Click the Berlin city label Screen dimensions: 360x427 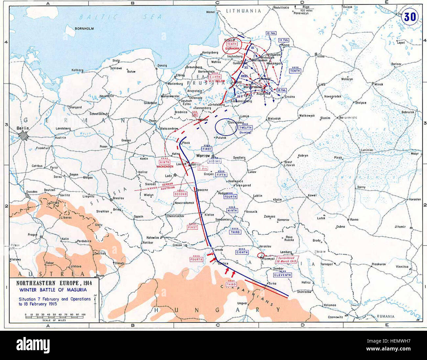(x=23, y=128)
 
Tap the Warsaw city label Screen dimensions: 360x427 (x=203, y=155)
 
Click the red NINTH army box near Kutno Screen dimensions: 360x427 (x=165, y=162)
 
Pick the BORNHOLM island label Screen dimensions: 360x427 (x=84, y=29)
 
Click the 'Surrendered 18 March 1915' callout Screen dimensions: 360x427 (x=287, y=260)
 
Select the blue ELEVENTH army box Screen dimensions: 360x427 (x=282, y=275)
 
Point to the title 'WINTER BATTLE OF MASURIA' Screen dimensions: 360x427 (x=53, y=290)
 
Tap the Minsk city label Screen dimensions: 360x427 (x=378, y=84)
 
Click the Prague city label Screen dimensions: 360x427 (x=33, y=234)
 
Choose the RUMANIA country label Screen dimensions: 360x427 (x=385, y=316)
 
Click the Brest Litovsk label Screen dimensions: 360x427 (x=288, y=164)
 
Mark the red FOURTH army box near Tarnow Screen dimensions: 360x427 (x=196, y=259)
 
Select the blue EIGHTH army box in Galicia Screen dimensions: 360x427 (x=242, y=252)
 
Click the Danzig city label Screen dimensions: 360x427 (x=162, y=66)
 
